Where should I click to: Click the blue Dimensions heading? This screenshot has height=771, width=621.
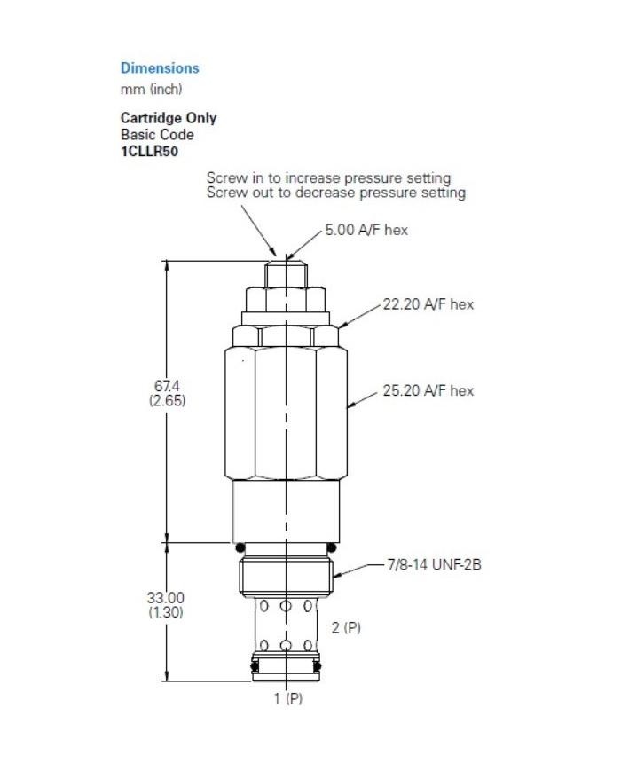(x=160, y=68)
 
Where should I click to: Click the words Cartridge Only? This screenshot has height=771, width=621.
(x=169, y=118)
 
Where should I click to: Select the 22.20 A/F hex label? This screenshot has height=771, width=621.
(x=428, y=304)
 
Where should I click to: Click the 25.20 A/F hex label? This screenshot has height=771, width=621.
(x=428, y=390)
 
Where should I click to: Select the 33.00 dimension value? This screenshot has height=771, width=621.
(x=165, y=598)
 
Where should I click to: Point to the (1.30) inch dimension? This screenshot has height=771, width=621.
(x=165, y=611)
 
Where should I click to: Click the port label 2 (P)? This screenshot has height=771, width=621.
(x=346, y=627)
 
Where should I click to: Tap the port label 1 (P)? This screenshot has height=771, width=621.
(x=287, y=698)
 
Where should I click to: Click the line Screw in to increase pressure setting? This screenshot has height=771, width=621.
(x=328, y=178)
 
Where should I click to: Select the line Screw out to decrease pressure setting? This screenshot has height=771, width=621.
(x=335, y=193)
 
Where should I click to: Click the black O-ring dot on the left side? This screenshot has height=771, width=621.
(x=239, y=545)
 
